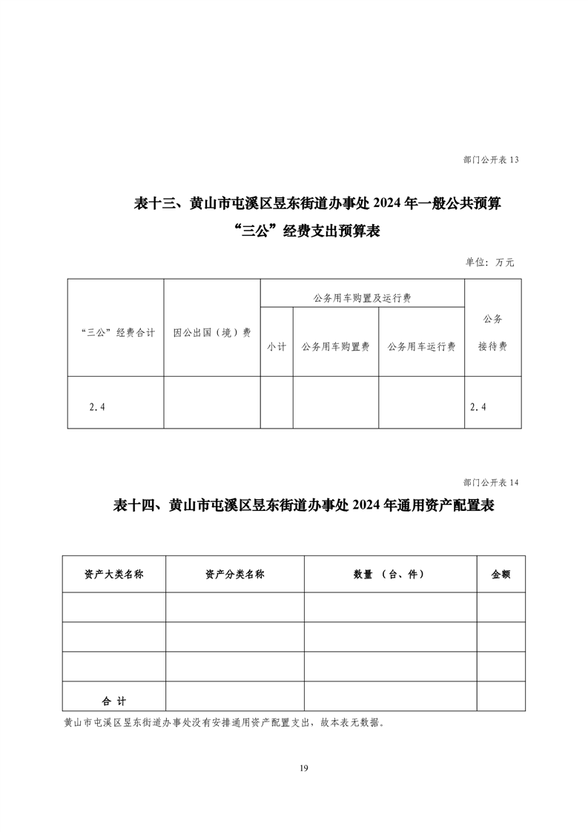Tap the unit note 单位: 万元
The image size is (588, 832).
[x=489, y=262]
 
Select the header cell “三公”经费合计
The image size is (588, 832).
[x=116, y=333]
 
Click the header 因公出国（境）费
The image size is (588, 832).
[x=212, y=333]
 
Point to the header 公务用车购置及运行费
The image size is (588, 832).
[x=363, y=298]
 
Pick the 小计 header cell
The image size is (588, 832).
[x=277, y=346]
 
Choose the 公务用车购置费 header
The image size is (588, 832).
[x=336, y=346]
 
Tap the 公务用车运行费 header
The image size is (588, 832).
[x=421, y=346]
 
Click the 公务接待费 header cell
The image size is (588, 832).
[x=492, y=333]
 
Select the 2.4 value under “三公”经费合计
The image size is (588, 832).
[x=96, y=406]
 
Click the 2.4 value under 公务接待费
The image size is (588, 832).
[x=478, y=406]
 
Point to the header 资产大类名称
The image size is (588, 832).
[x=113, y=575]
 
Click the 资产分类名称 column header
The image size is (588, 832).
[x=234, y=575]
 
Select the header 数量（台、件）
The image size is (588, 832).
[x=389, y=575]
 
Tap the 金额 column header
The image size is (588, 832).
[x=501, y=575]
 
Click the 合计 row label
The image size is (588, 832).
[x=114, y=700]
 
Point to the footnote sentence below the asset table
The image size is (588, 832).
[x=225, y=722]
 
